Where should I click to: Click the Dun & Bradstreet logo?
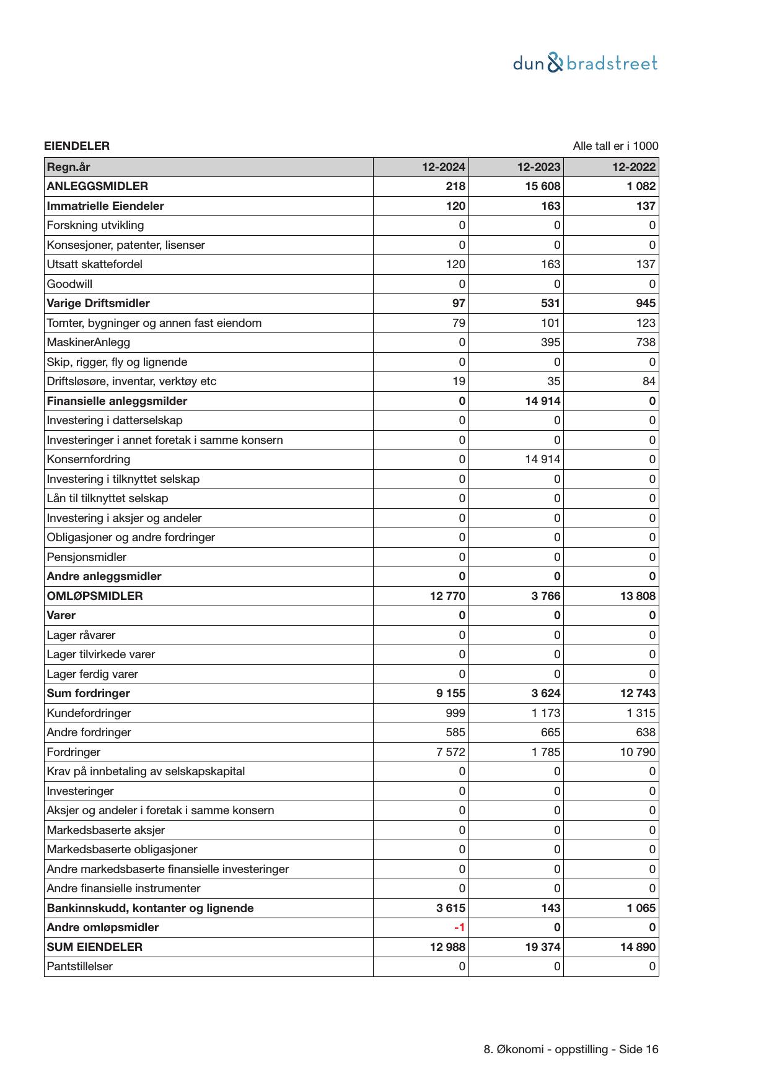tap(585, 63)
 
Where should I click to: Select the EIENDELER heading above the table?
tap(77, 146)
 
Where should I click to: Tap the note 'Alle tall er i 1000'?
tap(615, 146)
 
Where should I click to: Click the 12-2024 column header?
tap(444, 167)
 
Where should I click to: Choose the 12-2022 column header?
tap(634, 167)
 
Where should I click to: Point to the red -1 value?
tap(459, 927)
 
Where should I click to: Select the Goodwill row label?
tap(69, 284)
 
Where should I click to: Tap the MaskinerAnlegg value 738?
tap(646, 342)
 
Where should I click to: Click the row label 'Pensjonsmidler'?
tap(87, 557)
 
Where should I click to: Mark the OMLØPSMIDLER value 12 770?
tap(447, 596)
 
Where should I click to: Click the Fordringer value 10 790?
tap(638, 752)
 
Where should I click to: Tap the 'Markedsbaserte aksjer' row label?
tap(106, 830)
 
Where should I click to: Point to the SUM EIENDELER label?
tap(95, 947)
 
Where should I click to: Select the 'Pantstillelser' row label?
tap(80, 967)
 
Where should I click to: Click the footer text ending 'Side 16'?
tap(571, 1049)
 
